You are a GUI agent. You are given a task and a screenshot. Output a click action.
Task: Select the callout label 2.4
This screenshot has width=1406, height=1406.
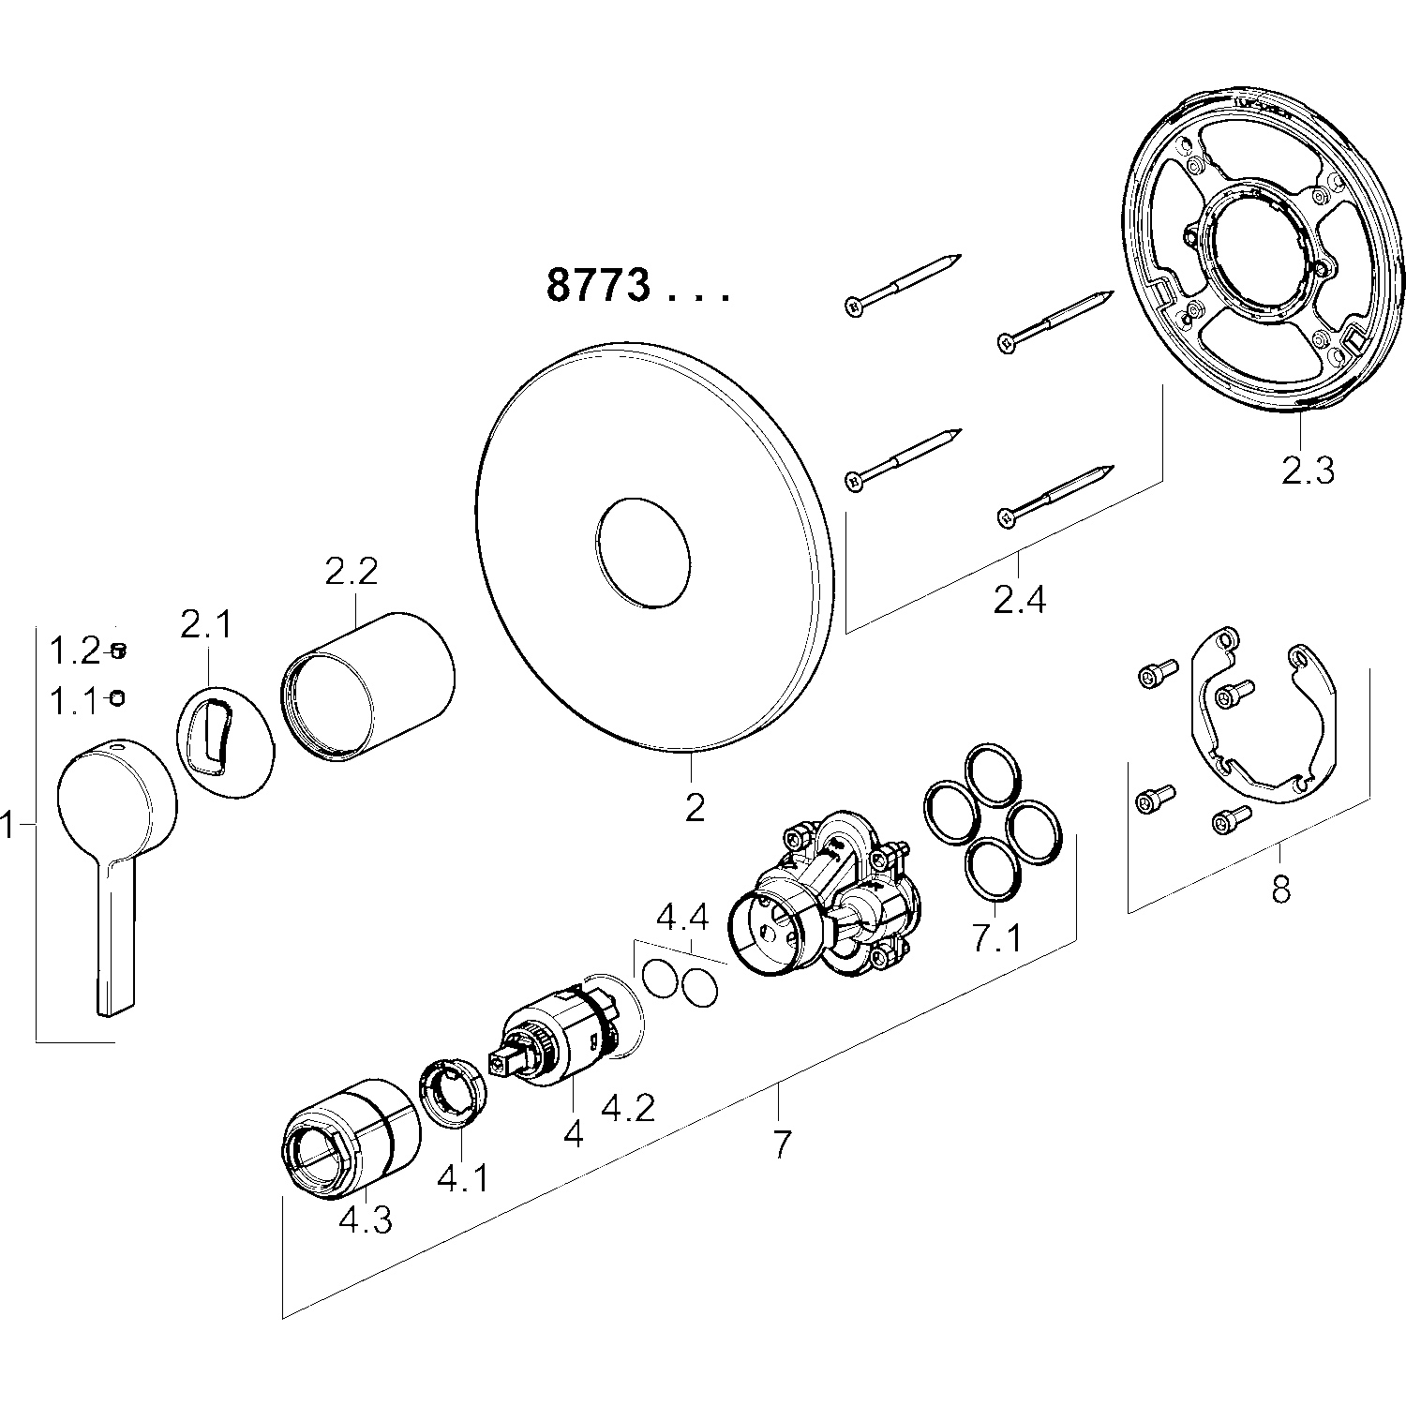point(1020,598)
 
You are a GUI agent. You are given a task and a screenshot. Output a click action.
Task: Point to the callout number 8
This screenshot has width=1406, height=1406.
point(1280,888)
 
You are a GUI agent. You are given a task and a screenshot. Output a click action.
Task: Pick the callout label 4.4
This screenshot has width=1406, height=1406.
point(682,918)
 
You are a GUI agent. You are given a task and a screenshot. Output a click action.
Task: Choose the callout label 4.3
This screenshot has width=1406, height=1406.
point(365,1219)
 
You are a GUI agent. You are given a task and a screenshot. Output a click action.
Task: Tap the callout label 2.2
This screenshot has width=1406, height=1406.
point(351,571)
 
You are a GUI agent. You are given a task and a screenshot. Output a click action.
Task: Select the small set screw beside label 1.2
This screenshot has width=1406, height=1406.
point(118,649)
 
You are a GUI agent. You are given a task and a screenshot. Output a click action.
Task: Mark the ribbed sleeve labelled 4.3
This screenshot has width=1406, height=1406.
point(351,1139)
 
